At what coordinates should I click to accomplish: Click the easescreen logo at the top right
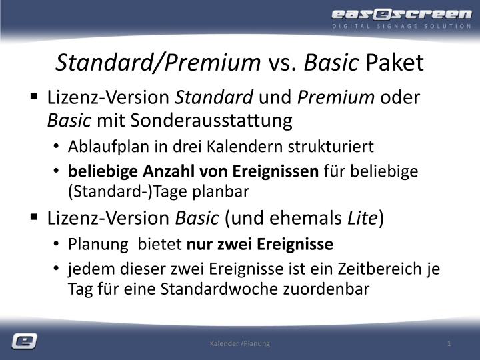point(401,14)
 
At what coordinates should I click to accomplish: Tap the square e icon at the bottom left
point(24,341)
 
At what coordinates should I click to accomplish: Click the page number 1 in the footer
point(450,343)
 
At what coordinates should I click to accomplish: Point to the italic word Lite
point(361,218)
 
